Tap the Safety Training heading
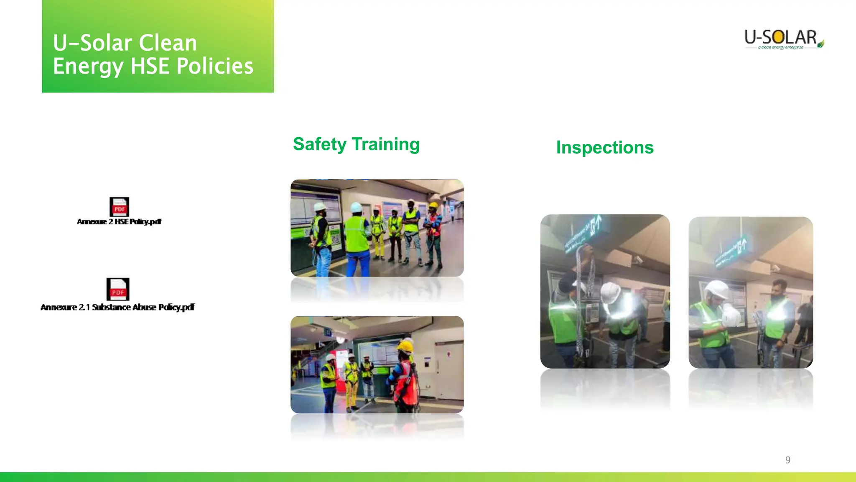tap(356, 144)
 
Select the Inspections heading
tap(604, 148)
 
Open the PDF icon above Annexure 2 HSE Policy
tap(119, 207)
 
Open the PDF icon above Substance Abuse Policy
tap(118, 289)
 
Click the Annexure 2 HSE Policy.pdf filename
tap(119, 222)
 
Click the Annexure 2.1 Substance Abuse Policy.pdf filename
tap(117, 307)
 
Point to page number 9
tap(787, 460)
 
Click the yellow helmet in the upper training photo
tap(433, 205)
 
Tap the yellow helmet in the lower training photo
tap(405, 346)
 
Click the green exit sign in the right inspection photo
tap(731, 251)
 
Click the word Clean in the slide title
tap(168, 43)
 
